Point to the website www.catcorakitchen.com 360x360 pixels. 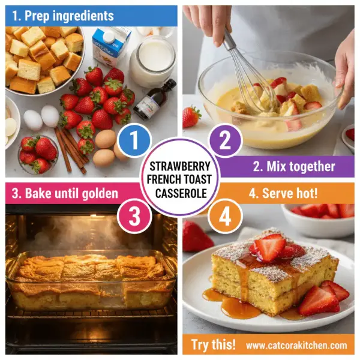(296, 345)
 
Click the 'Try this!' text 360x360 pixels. (213, 345)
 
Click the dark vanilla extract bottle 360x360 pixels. (148, 99)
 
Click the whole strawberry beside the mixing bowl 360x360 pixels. (191, 116)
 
